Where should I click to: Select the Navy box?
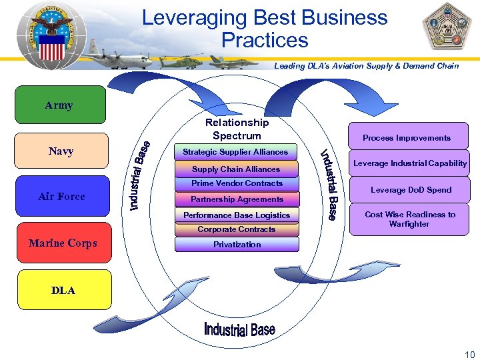coord(61,151)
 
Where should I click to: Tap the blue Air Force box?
coord(61,196)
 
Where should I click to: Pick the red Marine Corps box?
coord(63,243)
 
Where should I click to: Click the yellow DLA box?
coord(64,290)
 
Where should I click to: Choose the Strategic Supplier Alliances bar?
coord(235,152)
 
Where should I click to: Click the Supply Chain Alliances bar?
coord(236,169)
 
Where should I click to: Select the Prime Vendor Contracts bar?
coord(237,183)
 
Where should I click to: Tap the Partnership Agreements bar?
coord(237,199)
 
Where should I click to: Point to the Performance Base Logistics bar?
coord(237,215)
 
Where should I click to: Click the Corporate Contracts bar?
coord(237,229)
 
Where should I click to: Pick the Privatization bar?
coord(237,244)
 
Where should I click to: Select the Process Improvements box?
coord(407,137)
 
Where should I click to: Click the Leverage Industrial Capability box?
coord(409,163)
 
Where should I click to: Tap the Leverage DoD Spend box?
coord(411,190)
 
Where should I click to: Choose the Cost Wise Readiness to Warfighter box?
coord(410,219)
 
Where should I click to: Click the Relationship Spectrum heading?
coord(237,129)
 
